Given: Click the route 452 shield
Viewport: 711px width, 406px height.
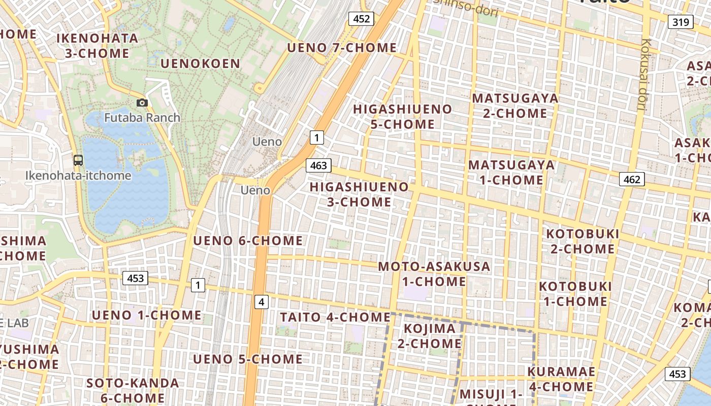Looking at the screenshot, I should coord(361,19).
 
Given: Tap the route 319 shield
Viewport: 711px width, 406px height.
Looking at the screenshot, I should coord(680,22).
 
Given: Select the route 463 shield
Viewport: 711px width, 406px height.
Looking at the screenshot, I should coord(318,165).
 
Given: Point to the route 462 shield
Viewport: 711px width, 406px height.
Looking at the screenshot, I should coord(632,179).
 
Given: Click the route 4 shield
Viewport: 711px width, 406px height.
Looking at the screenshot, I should coord(261,302).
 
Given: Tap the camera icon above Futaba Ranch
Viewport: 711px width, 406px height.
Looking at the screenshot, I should coord(142,103).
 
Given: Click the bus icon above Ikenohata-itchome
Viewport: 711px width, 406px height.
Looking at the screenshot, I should coord(78,160).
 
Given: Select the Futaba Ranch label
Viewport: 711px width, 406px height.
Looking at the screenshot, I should coord(142,118).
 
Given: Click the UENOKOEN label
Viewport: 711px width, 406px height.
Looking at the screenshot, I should coord(200,63).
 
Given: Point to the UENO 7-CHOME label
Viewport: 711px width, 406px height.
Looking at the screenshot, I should coord(342,48).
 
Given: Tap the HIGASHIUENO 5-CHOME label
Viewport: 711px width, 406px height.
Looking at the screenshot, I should coord(402,117).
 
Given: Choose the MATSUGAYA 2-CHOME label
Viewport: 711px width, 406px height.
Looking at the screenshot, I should coord(515,106).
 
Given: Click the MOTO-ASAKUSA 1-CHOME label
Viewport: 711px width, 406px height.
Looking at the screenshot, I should coord(434,274).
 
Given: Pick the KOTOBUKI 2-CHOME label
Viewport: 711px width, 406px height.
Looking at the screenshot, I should coord(583,242).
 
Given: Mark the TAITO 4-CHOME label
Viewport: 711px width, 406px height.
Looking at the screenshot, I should coord(335,317).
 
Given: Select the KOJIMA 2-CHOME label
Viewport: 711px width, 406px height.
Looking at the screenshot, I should coord(429,336).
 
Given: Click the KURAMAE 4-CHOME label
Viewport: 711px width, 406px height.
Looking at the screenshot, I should coord(561,379).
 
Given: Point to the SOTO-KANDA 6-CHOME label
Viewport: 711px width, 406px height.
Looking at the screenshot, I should coord(132,390).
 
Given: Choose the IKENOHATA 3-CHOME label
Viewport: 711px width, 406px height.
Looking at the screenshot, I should coord(97,46).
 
